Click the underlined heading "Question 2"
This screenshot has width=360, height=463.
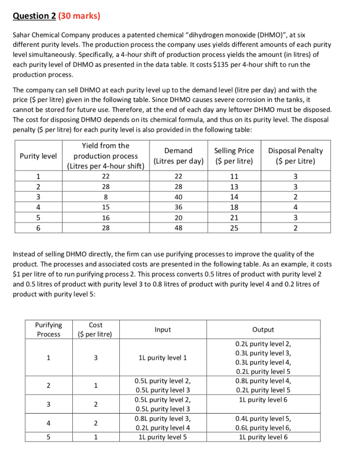(34, 16)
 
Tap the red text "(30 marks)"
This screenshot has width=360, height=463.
(80, 16)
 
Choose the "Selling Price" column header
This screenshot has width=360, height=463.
(234, 151)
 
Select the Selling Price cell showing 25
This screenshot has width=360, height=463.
(234, 228)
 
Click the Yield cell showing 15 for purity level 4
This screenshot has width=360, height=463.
(105, 208)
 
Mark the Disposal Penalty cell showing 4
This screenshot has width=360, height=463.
(295, 208)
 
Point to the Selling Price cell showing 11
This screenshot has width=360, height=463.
(234, 176)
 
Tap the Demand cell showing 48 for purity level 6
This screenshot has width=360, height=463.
(178, 228)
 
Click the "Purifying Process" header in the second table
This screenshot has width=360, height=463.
(48, 330)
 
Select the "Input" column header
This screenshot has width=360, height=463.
(163, 330)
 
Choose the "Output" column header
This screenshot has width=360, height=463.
(263, 330)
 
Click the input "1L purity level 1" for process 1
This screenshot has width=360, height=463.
(163, 358)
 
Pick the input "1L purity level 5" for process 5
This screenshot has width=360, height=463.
(163, 437)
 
